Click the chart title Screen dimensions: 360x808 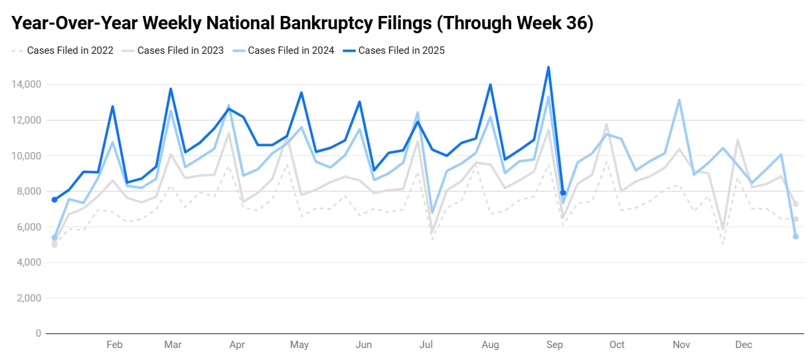click(x=302, y=23)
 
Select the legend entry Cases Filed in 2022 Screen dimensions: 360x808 click(x=70, y=50)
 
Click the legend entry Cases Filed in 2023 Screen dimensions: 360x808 click(x=180, y=50)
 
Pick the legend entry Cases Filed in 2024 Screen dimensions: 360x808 click(x=290, y=50)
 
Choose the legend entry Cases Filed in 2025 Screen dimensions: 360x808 click(x=401, y=50)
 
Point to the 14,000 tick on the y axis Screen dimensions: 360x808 click(x=26, y=85)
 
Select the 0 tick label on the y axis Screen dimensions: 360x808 click(x=38, y=333)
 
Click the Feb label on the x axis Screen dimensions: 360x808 click(x=114, y=345)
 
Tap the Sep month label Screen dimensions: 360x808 click(x=554, y=345)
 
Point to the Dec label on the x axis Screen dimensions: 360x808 click(x=744, y=345)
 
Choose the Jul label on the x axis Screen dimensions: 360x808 click(x=426, y=345)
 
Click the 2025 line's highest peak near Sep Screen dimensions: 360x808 click(x=548, y=67)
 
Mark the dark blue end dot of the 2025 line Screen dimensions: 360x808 click(x=563, y=193)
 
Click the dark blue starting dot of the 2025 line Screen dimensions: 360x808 click(x=54, y=199)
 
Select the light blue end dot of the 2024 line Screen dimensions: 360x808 click(x=795, y=236)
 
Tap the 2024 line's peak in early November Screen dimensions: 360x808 click(x=679, y=100)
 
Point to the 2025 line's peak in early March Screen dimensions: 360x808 click(x=171, y=89)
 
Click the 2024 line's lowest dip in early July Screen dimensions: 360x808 click(x=432, y=213)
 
